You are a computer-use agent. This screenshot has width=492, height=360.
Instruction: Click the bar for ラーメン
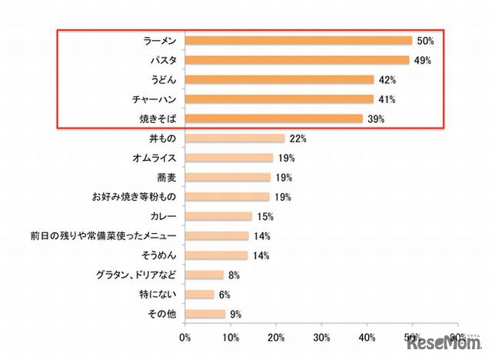(299, 40)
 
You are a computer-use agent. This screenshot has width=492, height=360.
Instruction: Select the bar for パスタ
(298, 59)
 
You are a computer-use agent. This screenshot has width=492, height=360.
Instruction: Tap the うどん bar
(280, 79)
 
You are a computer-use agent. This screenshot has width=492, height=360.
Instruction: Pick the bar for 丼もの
(235, 138)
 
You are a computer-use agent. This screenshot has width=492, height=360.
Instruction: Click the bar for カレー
(219, 216)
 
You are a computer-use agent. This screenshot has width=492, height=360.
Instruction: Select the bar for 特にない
(200, 295)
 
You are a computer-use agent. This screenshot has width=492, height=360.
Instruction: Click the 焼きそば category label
(157, 118)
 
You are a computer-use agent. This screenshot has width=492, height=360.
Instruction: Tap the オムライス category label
(155, 158)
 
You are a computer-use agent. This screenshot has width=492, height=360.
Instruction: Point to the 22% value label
(298, 138)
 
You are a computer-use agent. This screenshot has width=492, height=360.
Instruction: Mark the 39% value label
(376, 118)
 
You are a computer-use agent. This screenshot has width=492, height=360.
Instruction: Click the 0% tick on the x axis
(185, 336)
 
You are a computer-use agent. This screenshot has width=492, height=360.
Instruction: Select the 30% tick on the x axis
(321, 336)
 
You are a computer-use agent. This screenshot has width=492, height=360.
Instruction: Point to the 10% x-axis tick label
(231, 336)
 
